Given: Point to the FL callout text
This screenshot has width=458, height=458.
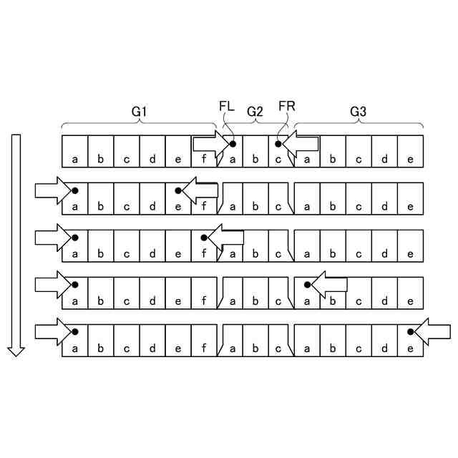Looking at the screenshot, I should pos(226,107).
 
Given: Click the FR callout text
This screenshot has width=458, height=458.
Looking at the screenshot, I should pos(287,107).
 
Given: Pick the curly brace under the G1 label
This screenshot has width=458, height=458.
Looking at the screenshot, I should pos(140,123).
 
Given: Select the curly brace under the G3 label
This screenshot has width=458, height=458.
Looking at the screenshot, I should pos(358,123).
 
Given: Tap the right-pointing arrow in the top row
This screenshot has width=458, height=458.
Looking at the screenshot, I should pos(210,144).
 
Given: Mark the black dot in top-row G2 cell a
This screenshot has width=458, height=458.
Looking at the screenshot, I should pos(233,144).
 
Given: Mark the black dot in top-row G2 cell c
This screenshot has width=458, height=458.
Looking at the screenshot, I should pos(278,144).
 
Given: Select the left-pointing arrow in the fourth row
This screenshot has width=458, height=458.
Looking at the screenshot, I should pos(328,284).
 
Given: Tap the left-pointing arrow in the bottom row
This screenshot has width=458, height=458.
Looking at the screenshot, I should pos(431,331).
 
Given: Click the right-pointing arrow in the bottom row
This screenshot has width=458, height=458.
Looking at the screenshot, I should pos(52,331).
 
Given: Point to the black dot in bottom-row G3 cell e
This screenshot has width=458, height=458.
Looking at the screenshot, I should pos(410,331).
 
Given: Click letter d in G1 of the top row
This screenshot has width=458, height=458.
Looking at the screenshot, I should pos(152,159).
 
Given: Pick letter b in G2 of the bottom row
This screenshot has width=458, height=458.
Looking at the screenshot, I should pos(255,349).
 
